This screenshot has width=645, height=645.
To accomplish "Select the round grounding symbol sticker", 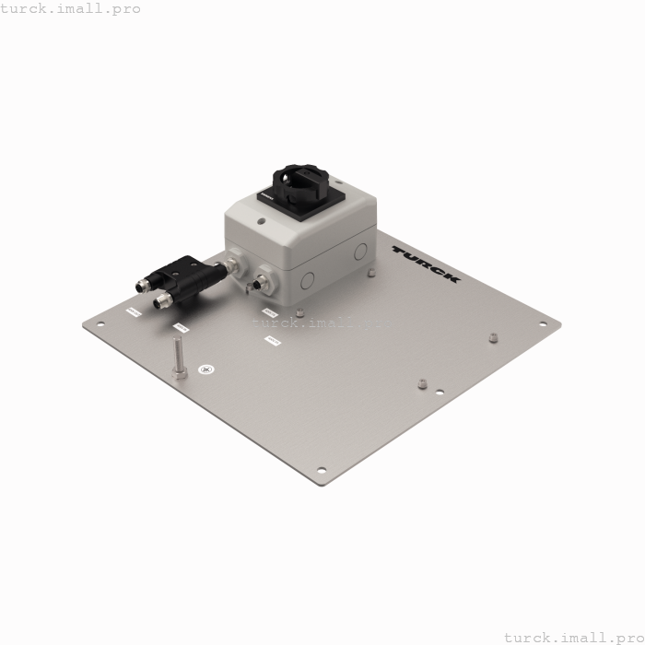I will coord(206,369).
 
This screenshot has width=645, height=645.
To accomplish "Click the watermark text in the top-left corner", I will coord(71,8).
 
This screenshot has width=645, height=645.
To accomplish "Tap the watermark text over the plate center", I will coord(322,322).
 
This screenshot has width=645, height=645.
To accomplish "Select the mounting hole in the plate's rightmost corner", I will coord(543,323).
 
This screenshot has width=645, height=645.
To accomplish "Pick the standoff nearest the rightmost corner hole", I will coord(494,337).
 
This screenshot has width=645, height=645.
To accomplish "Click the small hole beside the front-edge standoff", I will coord(440,392).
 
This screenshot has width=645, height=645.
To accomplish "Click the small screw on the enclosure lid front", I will coord(263,221).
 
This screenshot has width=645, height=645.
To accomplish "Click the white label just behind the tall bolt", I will coord(181,326).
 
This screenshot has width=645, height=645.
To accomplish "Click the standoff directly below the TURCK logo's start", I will coord(370,273).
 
